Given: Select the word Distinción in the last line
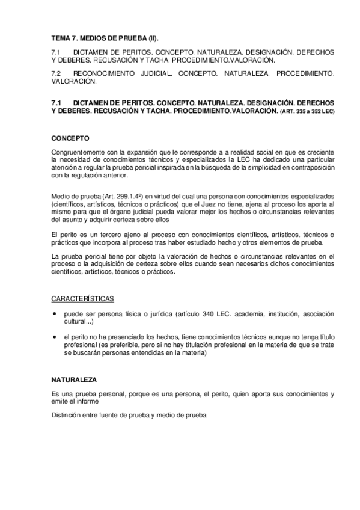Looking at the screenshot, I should [67, 414].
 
